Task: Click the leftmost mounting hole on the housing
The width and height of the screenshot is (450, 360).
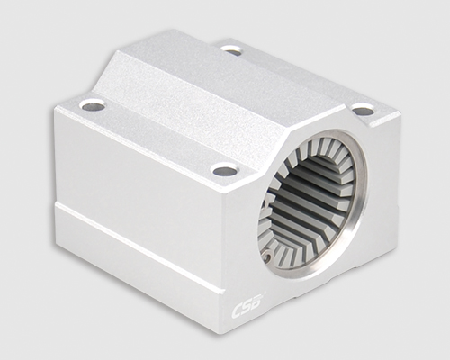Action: [92, 105]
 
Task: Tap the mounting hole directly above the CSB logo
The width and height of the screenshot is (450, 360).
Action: [225, 170]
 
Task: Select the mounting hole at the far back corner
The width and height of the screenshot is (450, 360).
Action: [232, 50]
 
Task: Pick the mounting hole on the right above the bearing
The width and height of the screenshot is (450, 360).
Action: [363, 111]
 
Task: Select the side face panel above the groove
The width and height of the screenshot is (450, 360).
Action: [135, 180]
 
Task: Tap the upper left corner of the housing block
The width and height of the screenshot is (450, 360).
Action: [56, 110]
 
